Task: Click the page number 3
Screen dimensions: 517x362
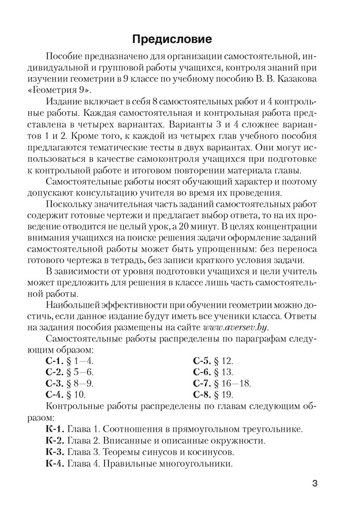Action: pyautogui.click(x=314, y=484)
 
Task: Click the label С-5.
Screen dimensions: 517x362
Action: pyautogui.click(x=201, y=360)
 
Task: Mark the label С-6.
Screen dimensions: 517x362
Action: pyautogui.click(x=201, y=372)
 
